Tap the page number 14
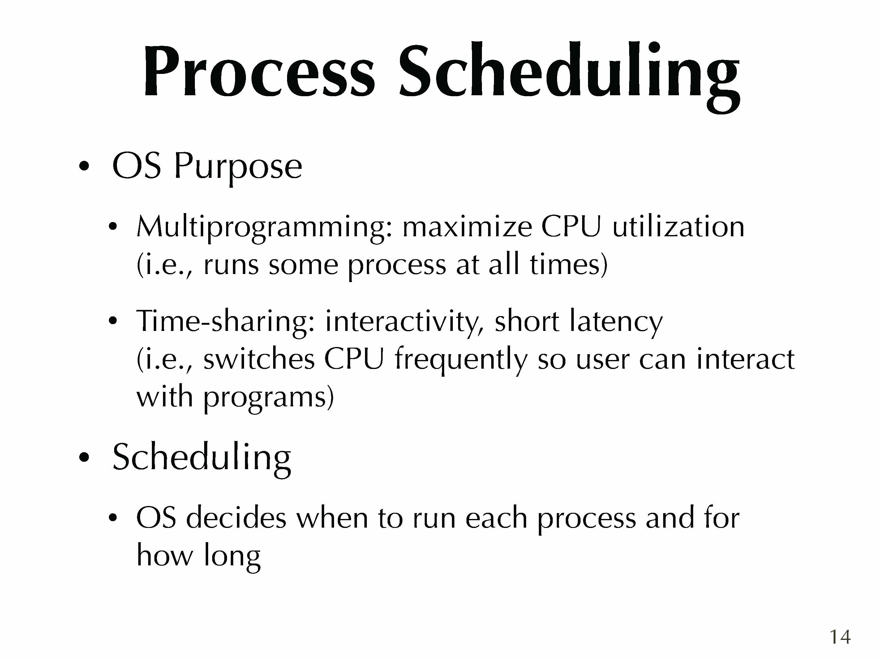tap(840, 637)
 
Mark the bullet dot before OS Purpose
tap(84, 166)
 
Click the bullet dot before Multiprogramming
tap(113, 227)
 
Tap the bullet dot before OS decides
tap(113, 517)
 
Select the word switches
tap(259, 358)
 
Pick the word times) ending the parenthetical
tap(569, 264)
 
